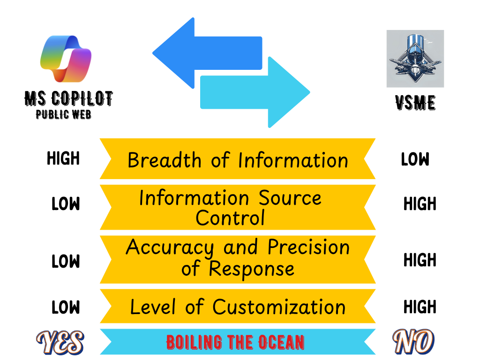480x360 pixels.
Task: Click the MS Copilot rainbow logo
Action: click(66, 58)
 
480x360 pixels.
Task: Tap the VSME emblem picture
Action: click(415, 59)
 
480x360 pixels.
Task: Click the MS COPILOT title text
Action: click(68, 98)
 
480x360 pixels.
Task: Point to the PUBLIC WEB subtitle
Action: click(64, 114)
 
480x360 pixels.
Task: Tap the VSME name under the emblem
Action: click(415, 103)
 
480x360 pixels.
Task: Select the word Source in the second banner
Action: click(290, 198)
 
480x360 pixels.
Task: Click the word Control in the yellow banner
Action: click(230, 217)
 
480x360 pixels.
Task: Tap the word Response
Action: click(252, 269)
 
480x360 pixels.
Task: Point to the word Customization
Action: click(279, 307)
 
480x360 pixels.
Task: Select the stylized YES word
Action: click(60, 342)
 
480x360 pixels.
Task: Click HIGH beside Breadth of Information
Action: click(63, 159)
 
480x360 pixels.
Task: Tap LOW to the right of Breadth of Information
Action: click(415, 160)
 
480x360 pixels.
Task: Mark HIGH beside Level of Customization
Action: click(420, 307)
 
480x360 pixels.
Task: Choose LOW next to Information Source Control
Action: click(66, 204)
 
